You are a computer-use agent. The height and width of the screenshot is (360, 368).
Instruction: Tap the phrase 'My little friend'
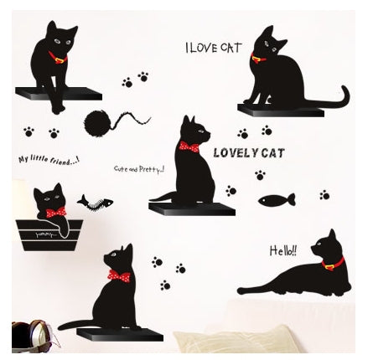[49, 159]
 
